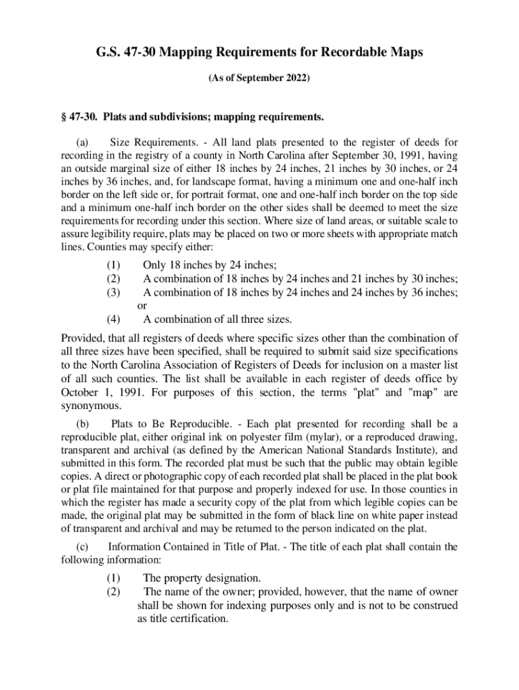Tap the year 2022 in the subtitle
[x=297, y=79]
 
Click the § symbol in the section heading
[x=64, y=118]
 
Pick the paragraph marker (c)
[x=83, y=546]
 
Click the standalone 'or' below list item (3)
[x=142, y=306]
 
